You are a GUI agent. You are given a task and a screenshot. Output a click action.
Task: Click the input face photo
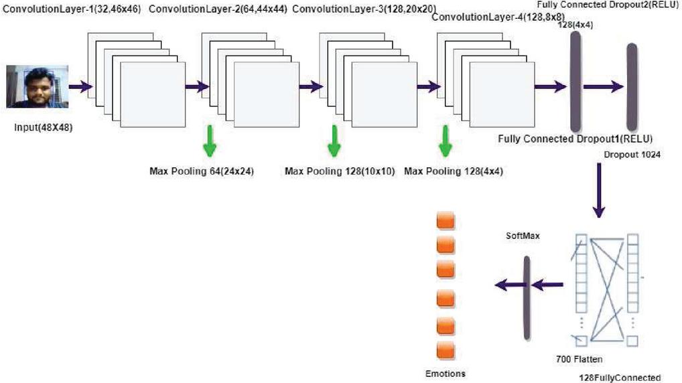coord(38,86)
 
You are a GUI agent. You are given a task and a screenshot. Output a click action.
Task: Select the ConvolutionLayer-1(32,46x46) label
coord(72,10)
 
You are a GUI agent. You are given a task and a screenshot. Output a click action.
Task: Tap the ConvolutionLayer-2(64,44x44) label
coord(218,10)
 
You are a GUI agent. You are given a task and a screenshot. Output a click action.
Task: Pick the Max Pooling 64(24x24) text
coord(201,171)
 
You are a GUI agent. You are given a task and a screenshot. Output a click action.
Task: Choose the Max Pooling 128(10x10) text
coord(339,171)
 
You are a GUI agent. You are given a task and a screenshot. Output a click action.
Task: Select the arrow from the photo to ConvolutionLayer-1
coord(79,87)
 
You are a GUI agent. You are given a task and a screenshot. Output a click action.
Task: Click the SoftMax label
coord(523,236)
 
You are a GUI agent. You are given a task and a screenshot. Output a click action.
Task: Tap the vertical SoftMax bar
coord(527,297)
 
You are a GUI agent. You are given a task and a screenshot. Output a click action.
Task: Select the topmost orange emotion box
coord(446,221)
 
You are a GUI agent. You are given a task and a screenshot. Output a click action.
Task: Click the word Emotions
coord(445,373)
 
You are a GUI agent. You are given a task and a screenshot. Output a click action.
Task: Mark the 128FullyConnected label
coord(620,376)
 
